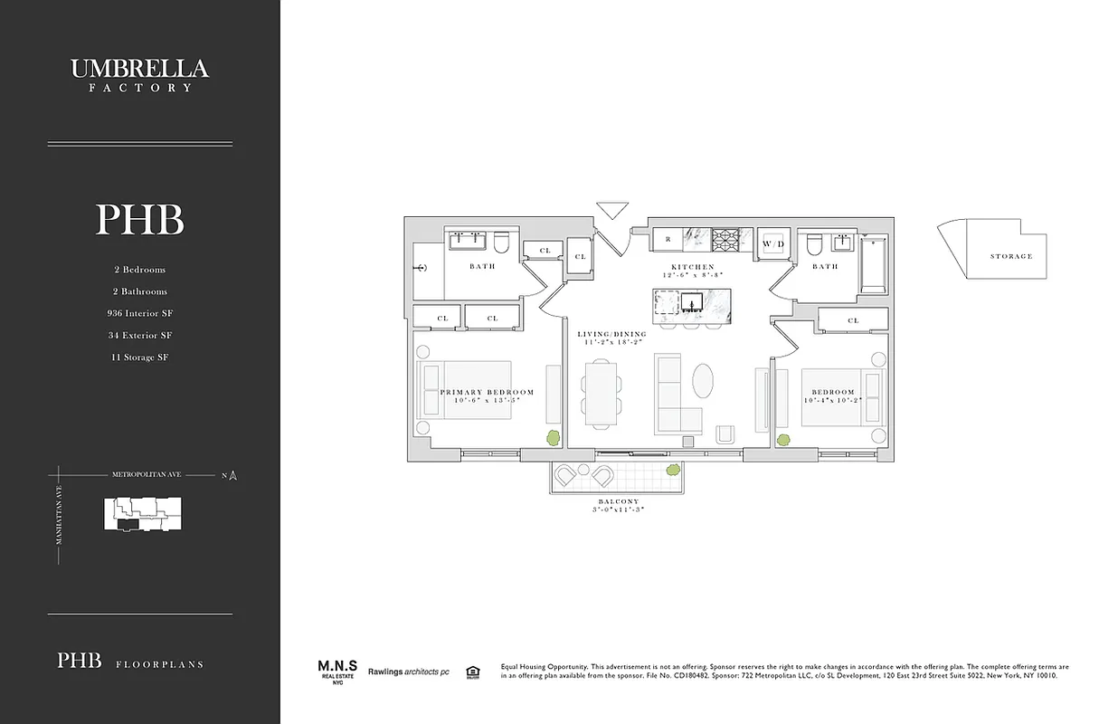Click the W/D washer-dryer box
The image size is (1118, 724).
pyautogui.click(x=773, y=243)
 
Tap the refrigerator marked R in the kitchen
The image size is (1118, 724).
pyautogui.click(x=668, y=241)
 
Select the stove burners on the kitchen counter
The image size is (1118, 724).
pyautogui.click(x=726, y=241)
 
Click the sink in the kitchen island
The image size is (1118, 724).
pyautogui.click(x=695, y=302)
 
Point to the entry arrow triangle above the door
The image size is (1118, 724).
pyautogui.click(x=612, y=209)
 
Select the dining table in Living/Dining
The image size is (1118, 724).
pyautogui.click(x=599, y=393)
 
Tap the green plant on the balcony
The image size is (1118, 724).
pyautogui.click(x=673, y=471)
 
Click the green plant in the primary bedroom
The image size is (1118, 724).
pyautogui.click(x=550, y=437)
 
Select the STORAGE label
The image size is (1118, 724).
pyautogui.click(x=1010, y=256)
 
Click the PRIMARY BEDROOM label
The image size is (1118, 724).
pyautogui.click(x=487, y=393)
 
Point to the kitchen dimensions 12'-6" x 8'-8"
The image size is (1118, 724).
pyautogui.click(x=693, y=275)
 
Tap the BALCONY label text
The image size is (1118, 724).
pyautogui.click(x=619, y=501)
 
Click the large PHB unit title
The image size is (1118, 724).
pyautogui.click(x=139, y=220)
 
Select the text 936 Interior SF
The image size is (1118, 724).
pyautogui.click(x=139, y=313)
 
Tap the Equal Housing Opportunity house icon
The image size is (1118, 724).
pyautogui.click(x=471, y=672)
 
